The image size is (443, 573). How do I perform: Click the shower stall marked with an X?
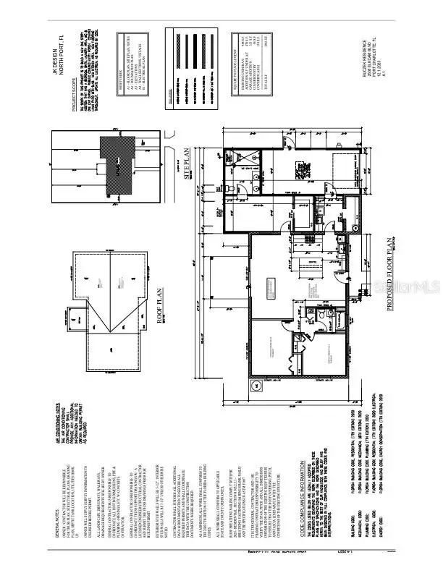(235, 161)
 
